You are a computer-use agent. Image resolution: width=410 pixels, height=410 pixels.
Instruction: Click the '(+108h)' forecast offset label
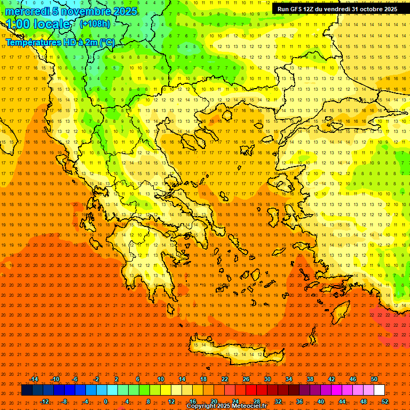click(94, 24)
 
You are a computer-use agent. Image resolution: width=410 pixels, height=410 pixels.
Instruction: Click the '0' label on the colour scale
click(106, 401)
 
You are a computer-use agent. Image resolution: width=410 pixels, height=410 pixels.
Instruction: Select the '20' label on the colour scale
click(214, 401)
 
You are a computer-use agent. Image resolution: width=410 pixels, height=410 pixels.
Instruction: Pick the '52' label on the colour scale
click(385, 401)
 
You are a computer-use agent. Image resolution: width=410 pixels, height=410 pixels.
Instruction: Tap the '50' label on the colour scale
click(374, 379)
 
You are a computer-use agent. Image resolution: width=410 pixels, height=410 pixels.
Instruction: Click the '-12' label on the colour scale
click(44, 401)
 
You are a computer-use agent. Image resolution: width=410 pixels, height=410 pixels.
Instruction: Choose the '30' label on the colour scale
click(267, 379)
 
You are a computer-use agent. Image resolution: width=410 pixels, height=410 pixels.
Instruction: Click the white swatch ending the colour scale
click(379, 390)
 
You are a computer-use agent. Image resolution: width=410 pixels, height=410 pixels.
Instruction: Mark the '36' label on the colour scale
click(299, 401)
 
